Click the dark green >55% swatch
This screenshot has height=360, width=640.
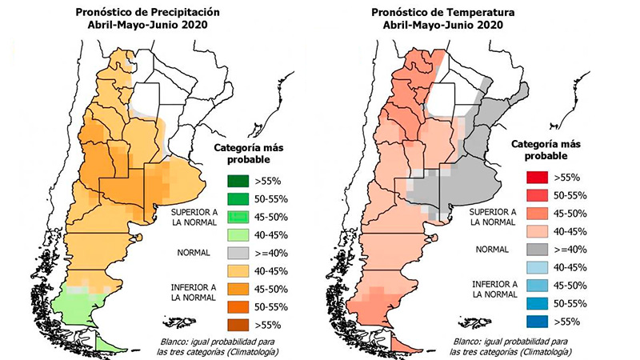coord(238,181)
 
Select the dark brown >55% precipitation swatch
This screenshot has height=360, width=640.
coord(238,325)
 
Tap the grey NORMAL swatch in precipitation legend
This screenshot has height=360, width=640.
coord(238,253)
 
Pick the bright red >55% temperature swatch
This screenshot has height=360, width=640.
coord(537,178)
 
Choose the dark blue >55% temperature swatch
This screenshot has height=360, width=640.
coord(537,322)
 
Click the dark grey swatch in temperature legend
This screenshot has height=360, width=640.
coord(537,250)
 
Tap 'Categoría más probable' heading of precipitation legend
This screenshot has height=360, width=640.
coord(249,153)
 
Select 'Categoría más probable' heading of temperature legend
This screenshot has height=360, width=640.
coord(546,150)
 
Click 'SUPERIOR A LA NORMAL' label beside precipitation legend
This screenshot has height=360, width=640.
coord(194,217)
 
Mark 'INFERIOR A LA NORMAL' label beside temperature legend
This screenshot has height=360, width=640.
coord(494,289)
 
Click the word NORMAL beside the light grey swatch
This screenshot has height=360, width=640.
coord(194,253)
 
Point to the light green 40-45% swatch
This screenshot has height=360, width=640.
coord(238,235)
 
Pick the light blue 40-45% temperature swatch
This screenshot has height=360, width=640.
coord(537,268)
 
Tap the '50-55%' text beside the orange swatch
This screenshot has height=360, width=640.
coord(271,307)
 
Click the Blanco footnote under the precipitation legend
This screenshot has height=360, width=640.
coord(218,346)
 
